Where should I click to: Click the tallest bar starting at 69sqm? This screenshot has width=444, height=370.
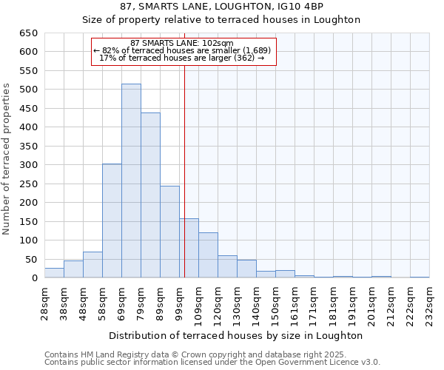(x=131, y=181)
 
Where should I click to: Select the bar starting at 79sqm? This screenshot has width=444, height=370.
(x=150, y=195)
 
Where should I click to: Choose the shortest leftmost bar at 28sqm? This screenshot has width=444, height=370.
(x=54, y=273)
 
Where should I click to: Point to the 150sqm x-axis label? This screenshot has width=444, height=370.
(x=276, y=303)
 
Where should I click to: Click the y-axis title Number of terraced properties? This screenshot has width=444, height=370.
(x=7, y=159)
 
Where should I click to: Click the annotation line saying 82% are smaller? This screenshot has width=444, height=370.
(x=182, y=50)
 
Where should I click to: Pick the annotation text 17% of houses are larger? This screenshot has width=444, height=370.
(x=182, y=58)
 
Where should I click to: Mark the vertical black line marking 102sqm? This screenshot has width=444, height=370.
(x=184, y=170)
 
